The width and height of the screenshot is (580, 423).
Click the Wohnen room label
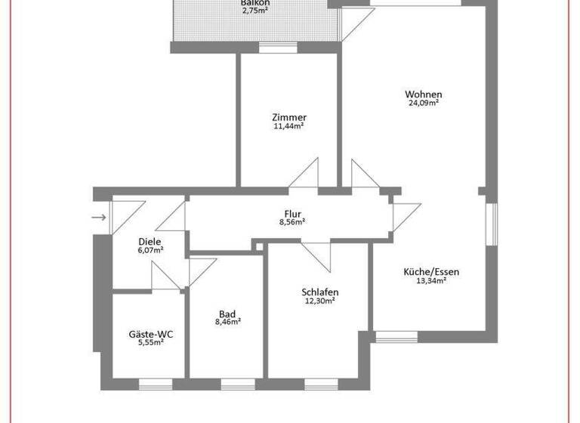tap(423, 94)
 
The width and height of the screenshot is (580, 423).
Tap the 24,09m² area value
tap(423, 103)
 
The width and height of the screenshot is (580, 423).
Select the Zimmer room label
tap(289, 117)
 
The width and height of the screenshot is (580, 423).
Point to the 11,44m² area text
tap(289, 126)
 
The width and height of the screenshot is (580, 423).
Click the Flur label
tap(293, 213)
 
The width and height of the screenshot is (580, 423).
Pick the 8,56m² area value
tap(293, 222)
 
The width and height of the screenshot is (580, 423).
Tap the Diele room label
tap(150, 242)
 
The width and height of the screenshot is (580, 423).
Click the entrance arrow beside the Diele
tap(98, 218)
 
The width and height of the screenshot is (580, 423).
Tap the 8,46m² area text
tap(227, 322)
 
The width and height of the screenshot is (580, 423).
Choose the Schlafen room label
tap(319, 292)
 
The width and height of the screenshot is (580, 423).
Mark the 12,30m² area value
tap(319, 301)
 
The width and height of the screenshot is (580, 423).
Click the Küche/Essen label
tap(431, 272)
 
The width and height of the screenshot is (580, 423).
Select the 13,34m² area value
tap(431, 281)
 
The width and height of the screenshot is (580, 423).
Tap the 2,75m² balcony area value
tap(255, 11)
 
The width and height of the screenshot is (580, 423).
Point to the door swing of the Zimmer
tap(305, 176)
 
